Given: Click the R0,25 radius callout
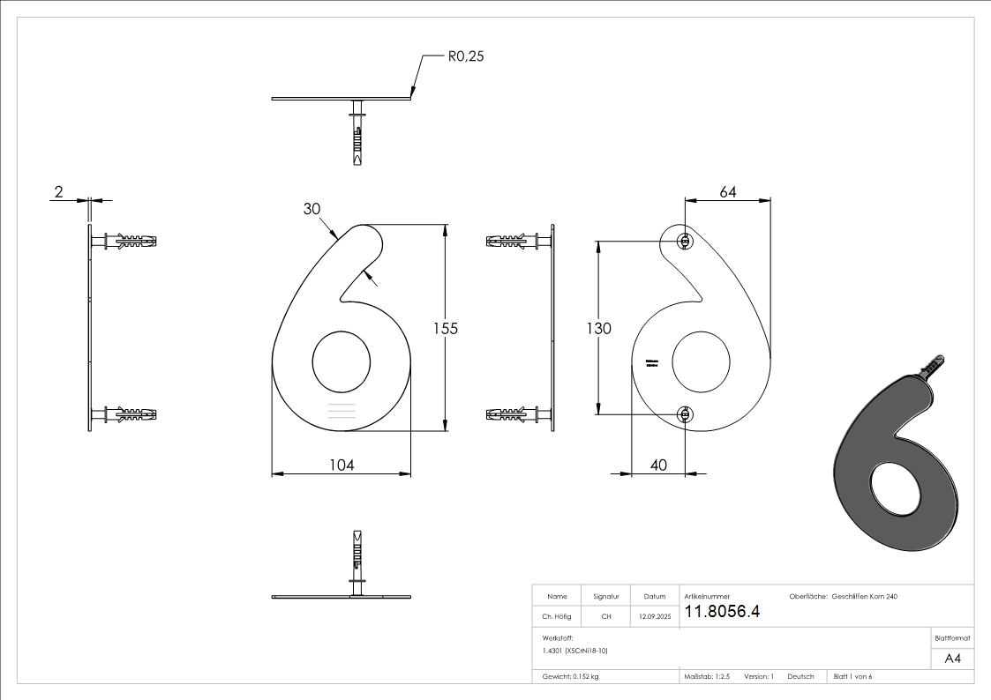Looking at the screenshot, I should click(466, 57).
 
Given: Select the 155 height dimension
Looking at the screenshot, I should click(445, 328).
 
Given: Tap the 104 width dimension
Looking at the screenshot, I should click(341, 465).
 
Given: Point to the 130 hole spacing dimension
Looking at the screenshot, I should click(599, 328).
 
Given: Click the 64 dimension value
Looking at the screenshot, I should click(728, 192).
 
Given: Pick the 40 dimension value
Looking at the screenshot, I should click(658, 465).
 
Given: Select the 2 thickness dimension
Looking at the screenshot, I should click(57, 192).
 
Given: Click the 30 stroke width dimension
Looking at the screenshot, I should click(312, 209).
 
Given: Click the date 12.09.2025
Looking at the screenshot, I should click(654, 617).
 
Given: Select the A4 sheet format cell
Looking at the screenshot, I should click(952, 659).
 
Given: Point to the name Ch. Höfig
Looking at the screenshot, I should click(557, 617).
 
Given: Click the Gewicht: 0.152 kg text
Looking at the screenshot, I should click(571, 677).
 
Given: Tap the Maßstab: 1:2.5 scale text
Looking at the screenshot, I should click(707, 677).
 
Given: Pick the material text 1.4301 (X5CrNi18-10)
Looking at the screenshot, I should click(575, 651).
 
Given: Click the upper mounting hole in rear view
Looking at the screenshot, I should click(684, 241).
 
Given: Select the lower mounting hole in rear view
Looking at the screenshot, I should click(684, 413).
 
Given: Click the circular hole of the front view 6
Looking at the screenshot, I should click(342, 361).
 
